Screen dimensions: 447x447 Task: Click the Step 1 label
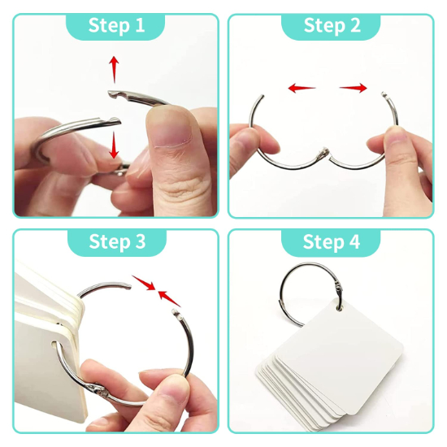(116, 26)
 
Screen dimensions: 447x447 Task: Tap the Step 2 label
(332, 26)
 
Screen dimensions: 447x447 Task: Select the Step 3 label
(117, 241)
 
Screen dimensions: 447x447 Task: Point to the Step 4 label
(332, 241)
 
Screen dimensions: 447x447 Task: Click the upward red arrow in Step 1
(114, 70)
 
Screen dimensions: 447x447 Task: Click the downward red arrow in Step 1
(114, 145)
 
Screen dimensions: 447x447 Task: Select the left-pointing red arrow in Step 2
(302, 88)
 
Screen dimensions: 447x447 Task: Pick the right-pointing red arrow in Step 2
(354, 88)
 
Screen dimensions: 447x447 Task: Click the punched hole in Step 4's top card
(339, 307)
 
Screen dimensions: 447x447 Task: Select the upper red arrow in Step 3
(143, 283)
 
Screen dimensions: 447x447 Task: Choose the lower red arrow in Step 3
(169, 298)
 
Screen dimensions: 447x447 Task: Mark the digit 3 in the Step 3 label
(141, 241)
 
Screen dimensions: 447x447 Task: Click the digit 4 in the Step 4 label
(354, 241)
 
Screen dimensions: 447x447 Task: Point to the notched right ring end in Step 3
(175, 312)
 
